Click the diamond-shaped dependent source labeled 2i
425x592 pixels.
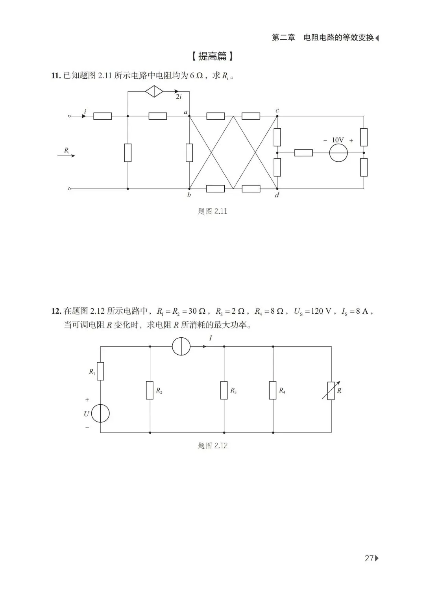click(x=154, y=91)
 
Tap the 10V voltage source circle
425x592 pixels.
click(x=338, y=152)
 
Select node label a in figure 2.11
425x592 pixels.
click(x=186, y=112)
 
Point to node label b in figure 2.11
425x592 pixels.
click(x=189, y=195)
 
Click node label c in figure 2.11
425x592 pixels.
click(x=277, y=111)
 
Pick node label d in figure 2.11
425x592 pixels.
click(x=277, y=195)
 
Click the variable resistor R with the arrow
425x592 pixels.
click(x=331, y=390)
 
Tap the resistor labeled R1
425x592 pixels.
click(x=100, y=371)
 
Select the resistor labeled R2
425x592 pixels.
click(x=150, y=390)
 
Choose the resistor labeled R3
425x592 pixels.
click(x=224, y=390)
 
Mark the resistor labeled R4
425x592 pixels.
click(x=273, y=390)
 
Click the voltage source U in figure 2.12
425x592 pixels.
click(x=100, y=414)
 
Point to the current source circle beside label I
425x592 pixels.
click(x=181, y=346)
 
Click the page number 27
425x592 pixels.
click(x=369, y=558)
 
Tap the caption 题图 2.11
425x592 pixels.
click(x=213, y=211)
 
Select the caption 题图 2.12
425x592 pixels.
click(x=213, y=446)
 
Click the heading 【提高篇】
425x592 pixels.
click(x=213, y=56)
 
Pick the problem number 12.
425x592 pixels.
click(x=56, y=311)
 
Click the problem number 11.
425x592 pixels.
click(x=56, y=76)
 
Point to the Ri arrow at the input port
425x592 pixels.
click(x=66, y=155)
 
